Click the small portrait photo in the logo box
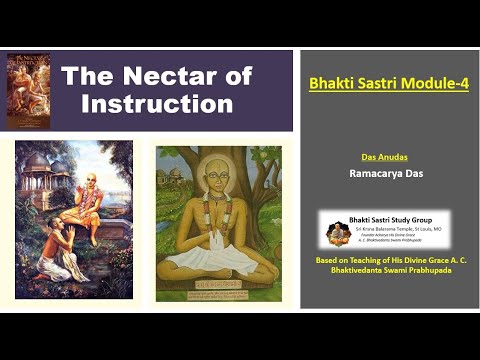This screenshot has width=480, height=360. tap(338, 232)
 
